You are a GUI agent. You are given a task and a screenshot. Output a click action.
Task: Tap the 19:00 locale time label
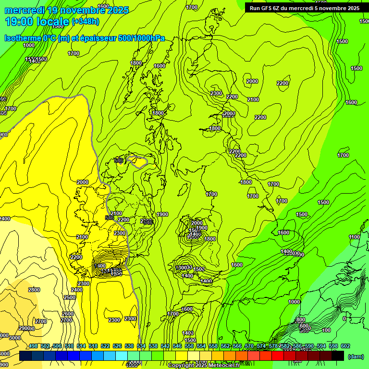(37, 22)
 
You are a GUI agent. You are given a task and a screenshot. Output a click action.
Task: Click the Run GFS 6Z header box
(305, 8)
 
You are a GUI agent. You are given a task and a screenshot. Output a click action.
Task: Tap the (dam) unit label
(355, 356)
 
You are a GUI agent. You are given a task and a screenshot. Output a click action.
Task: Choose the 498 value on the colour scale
(33, 346)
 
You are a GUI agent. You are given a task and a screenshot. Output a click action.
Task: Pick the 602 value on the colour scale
(345, 346)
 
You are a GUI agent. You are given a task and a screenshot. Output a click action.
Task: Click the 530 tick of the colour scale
(129, 346)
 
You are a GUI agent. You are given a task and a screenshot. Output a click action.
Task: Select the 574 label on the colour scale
(261, 346)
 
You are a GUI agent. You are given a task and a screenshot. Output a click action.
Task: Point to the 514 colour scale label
(81, 346)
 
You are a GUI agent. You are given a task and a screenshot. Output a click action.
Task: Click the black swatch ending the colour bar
(338, 356)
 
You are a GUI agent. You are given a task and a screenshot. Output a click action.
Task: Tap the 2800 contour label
(34, 290)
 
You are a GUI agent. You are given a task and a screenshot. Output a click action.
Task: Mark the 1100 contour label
(355, 237)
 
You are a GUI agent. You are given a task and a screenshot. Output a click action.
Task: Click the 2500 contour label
(70, 297)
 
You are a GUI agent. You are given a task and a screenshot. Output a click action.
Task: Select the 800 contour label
(301, 320)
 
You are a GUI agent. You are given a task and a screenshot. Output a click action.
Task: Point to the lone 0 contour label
(344, 319)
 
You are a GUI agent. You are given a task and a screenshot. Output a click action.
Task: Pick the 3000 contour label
(15, 338)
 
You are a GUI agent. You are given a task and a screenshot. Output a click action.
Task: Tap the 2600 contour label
(68, 314)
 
